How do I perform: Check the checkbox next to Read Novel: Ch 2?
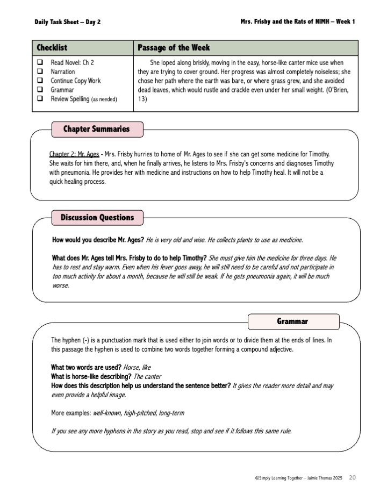coord(40,62)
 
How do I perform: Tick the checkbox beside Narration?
coord(40,71)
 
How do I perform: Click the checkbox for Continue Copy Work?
coord(40,81)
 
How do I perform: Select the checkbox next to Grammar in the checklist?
coord(40,90)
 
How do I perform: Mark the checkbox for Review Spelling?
coord(40,99)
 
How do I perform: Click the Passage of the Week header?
coord(174,47)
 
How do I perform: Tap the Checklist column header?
coord(52,47)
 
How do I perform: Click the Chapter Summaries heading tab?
coord(96,129)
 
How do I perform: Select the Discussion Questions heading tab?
coord(97,218)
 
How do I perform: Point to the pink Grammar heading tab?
coord(292,321)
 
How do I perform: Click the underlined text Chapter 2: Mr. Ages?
coord(74,154)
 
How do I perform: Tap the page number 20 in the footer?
coord(352,477)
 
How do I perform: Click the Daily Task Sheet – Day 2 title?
coord(67,22)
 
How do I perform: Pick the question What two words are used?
coord(86,367)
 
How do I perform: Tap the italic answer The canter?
coord(147,376)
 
